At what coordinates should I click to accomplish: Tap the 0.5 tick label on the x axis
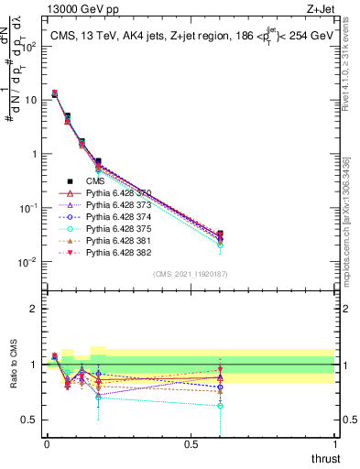(x=191, y=443)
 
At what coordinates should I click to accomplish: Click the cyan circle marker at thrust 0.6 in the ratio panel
(x=220, y=405)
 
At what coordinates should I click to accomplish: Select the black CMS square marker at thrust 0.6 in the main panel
(x=220, y=234)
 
